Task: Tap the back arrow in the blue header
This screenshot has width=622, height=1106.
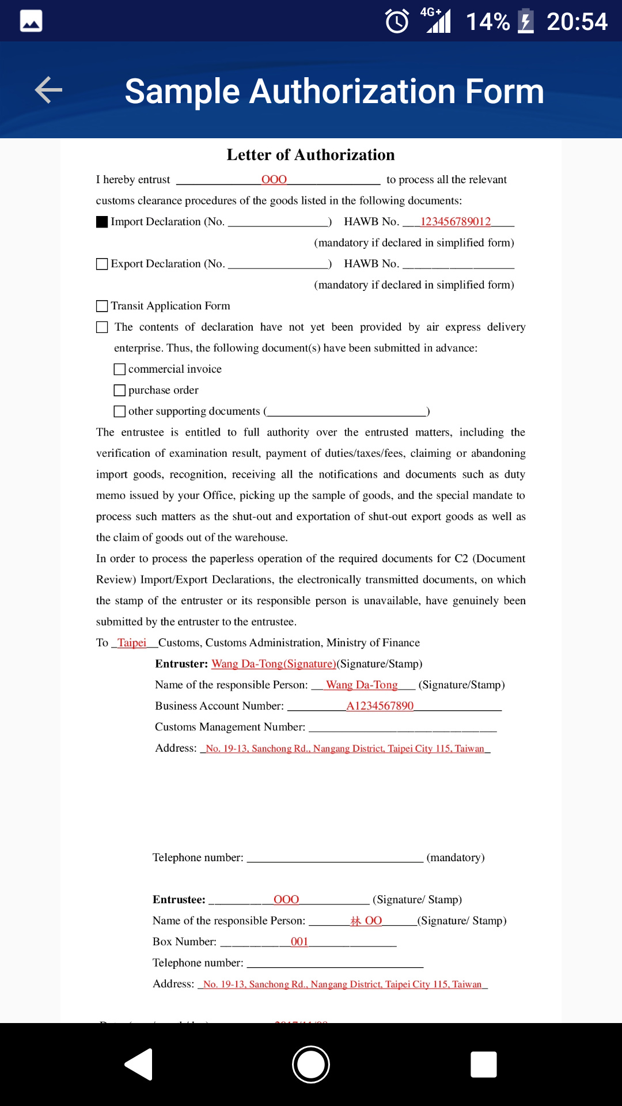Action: point(48,90)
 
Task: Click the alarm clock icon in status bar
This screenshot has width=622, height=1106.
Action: point(397,21)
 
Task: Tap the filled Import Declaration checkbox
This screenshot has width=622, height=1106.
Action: point(102,222)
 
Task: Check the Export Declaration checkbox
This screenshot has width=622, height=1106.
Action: point(102,264)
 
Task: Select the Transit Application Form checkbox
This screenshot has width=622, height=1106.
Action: point(102,306)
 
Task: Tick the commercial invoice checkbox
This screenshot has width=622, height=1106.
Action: point(120,369)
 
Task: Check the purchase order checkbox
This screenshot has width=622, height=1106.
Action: point(120,391)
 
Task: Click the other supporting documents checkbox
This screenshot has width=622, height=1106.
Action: point(120,411)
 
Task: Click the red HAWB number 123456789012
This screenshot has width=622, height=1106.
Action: point(456,222)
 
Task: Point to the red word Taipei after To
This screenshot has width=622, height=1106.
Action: point(132,643)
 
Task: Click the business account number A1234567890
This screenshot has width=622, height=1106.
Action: point(380,706)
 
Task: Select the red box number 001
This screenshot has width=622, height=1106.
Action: point(299,942)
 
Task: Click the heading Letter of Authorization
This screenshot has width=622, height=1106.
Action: point(310,155)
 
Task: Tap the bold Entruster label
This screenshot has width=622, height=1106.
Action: point(181,664)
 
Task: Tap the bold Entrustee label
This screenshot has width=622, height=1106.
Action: point(179,900)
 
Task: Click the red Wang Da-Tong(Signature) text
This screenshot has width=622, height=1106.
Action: point(274,664)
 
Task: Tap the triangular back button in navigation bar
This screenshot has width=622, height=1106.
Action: point(139,1064)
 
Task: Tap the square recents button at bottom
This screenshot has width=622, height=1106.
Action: point(483,1064)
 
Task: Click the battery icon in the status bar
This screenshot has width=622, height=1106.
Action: point(525,21)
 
